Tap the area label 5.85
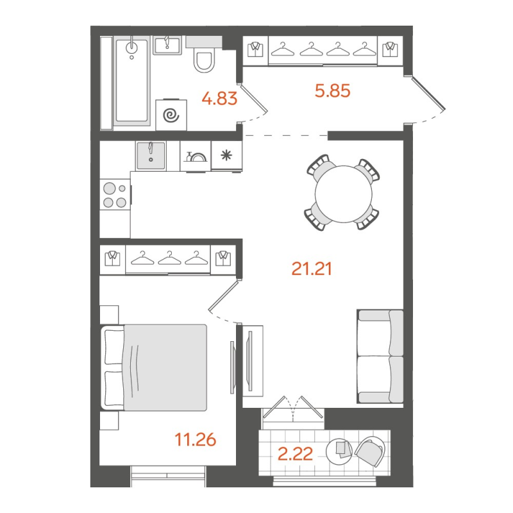coord(332,91)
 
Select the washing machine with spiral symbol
coord(171,114)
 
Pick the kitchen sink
coord(152,155)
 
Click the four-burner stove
coord(115,195)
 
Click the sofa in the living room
coord(380,356)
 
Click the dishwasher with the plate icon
coord(196,156)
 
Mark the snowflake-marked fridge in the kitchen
coord(226,155)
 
